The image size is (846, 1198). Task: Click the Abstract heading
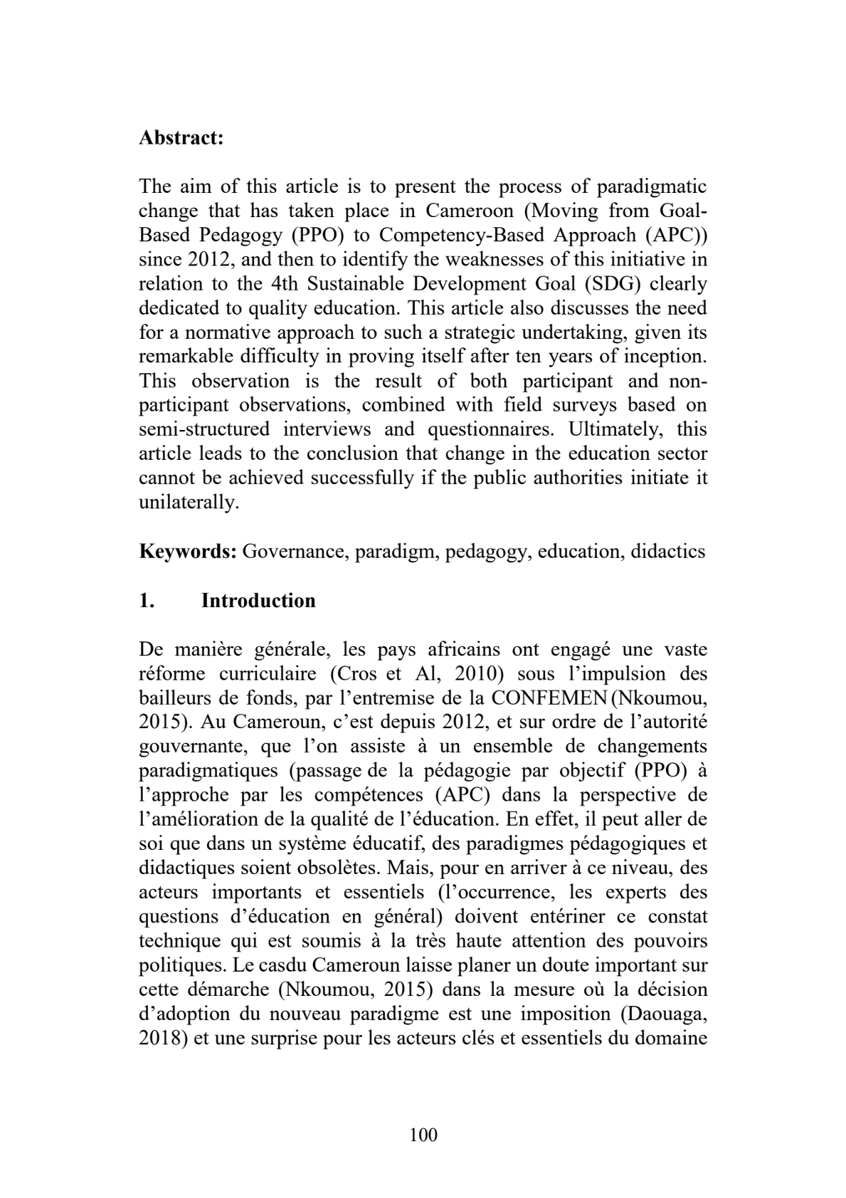click(x=181, y=137)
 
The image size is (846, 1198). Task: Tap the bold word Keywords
click(x=188, y=552)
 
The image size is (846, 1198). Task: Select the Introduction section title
click(x=258, y=601)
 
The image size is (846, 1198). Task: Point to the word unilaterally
click(x=188, y=503)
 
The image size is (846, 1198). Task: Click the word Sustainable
click(x=361, y=284)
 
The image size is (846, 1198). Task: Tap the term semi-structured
click(x=204, y=430)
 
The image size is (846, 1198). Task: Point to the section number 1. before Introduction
click(x=147, y=601)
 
